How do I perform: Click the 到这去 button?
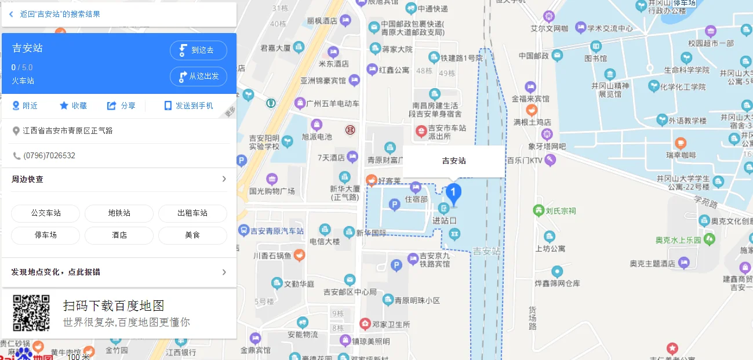click(198, 50)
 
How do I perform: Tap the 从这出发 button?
click(198, 77)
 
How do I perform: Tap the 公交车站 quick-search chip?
click(46, 213)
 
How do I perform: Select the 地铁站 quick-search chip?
click(119, 213)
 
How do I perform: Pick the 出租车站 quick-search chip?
click(192, 213)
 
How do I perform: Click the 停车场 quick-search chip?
click(46, 235)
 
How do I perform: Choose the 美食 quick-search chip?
click(192, 235)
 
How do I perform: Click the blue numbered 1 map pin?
click(453, 193)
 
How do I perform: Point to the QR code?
click(31, 313)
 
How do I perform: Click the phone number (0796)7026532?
click(49, 156)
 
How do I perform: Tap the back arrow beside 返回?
click(11, 14)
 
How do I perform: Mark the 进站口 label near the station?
click(445, 221)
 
